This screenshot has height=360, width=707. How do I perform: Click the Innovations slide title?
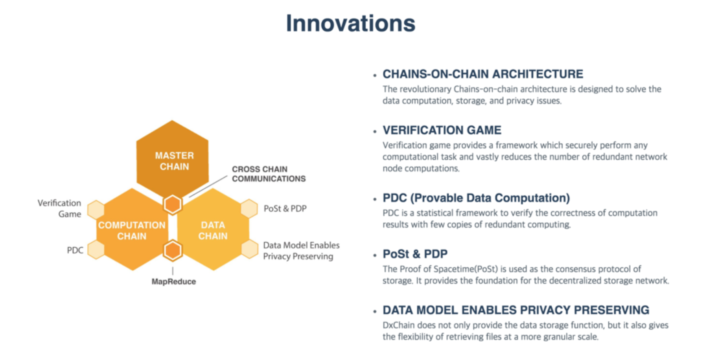[350, 23]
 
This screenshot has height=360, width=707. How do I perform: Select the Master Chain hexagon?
[172, 159]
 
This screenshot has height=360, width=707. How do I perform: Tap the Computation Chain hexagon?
[132, 230]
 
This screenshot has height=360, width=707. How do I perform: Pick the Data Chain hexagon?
[213, 230]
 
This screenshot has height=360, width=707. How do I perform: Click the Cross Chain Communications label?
[269, 174]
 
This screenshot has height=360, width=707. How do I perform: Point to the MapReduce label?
[174, 281]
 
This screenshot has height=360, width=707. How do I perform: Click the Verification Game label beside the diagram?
[59, 208]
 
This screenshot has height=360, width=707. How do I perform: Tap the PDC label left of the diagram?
[75, 250]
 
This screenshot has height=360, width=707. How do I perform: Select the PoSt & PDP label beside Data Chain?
[285, 208]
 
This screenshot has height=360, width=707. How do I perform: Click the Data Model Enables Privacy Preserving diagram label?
[301, 251]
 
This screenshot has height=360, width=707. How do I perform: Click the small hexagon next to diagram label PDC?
[96, 249]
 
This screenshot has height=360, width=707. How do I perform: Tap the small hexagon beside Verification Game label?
[96, 209]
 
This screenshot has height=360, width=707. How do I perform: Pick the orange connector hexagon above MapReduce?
[173, 251]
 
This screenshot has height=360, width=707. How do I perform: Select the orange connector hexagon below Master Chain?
[173, 204]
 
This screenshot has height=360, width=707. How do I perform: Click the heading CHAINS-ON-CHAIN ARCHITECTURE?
[483, 74]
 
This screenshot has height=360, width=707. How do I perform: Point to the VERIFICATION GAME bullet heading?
[442, 130]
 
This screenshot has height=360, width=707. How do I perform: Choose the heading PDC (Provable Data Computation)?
[476, 198]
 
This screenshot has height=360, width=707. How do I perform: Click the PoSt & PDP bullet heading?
[415, 254]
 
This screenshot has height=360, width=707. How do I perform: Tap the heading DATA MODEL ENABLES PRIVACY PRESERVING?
[516, 310]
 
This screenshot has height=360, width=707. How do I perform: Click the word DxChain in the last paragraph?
[398, 325]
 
